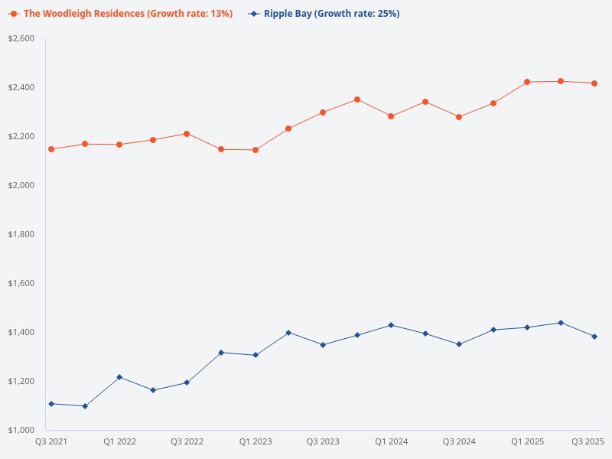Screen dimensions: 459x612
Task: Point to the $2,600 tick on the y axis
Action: tap(21, 38)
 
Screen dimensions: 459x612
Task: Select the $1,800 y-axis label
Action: tap(21, 234)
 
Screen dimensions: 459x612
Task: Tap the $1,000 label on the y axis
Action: tap(21, 430)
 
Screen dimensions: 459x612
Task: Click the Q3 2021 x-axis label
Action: tap(51, 442)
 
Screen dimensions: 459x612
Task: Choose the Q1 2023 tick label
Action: tap(255, 442)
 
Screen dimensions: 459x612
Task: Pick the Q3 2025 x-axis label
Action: tap(588, 442)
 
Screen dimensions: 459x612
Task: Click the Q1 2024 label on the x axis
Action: tap(391, 442)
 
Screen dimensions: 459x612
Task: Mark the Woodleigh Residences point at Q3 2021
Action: tap(51, 149)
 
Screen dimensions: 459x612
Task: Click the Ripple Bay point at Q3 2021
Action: tap(51, 404)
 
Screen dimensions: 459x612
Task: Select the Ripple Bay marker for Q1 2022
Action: tap(119, 377)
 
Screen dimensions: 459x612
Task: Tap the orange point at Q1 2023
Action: tap(255, 150)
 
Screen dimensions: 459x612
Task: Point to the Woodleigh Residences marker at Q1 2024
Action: tap(391, 116)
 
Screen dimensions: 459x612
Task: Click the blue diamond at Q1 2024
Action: tap(391, 325)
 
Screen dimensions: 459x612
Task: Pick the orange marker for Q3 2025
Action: tap(594, 83)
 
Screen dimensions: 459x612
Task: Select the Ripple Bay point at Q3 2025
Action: tap(594, 337)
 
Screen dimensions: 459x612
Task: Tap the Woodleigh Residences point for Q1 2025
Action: tap(527, 82)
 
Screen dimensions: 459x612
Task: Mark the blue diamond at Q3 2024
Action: tap(459, 344)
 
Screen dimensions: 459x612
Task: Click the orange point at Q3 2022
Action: tap(187, 134)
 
